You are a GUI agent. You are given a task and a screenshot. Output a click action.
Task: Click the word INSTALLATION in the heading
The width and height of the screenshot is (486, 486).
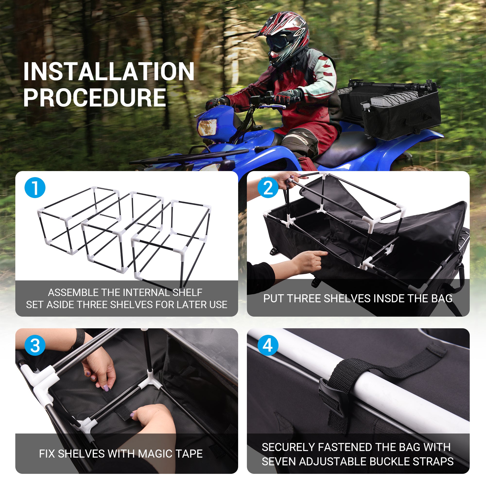click(x=109, y=72)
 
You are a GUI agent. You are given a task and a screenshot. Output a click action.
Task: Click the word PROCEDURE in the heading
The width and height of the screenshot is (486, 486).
click(x=95, y=98)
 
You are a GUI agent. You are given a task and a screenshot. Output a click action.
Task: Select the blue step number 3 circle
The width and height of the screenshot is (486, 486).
click(x=35, y=345)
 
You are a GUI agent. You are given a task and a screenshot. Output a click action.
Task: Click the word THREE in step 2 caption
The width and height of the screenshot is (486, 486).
click(x=303, y=299)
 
